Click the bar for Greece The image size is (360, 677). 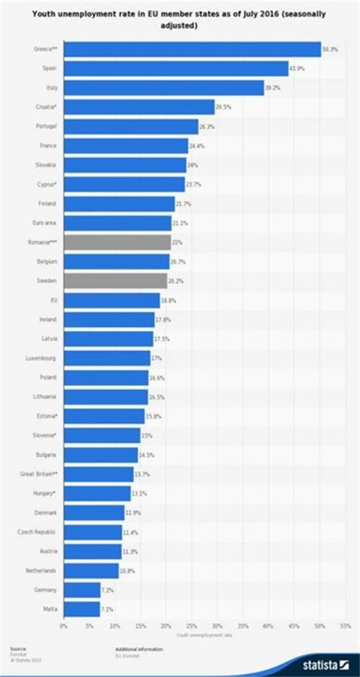(192, 49)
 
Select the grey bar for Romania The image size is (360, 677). (117, 242)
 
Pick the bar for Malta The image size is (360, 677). (82, 608)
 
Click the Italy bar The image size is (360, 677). (164, 88)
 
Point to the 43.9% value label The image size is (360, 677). (296, 69)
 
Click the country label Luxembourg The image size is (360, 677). (40, 358)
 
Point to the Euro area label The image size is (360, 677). (44, 223)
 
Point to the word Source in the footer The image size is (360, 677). (17, 648)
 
